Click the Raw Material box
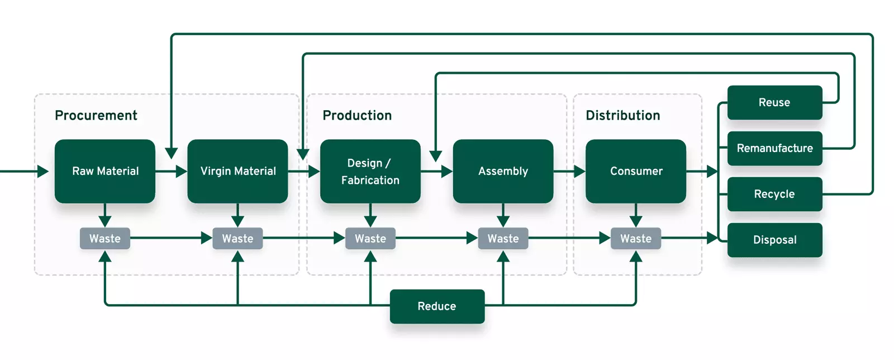[x=105, y=171]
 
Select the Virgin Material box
[x=237, y=171]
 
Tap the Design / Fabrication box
[x=370, y=171]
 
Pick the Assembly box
[x=503, y=171]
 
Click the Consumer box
[x=636, y=171]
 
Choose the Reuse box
[x=774, y=102]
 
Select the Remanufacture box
[x=774, y=148]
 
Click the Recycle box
[x=774, y=194]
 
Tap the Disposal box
[x=774, y=240]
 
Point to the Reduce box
[x=437, y=306]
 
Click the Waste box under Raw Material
[x=105, y=239]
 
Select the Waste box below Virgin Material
[x=237, y=239]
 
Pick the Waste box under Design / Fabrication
[x=370, y=239]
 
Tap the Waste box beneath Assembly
[x=503, y=239]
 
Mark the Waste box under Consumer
[x=636, y=239]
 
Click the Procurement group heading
[x=96, y=115]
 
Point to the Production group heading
[x=357, y=115]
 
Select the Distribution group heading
[x=623, y=115]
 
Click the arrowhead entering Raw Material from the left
[x=43, y=171]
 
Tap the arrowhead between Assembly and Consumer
[x=579, y=171]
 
